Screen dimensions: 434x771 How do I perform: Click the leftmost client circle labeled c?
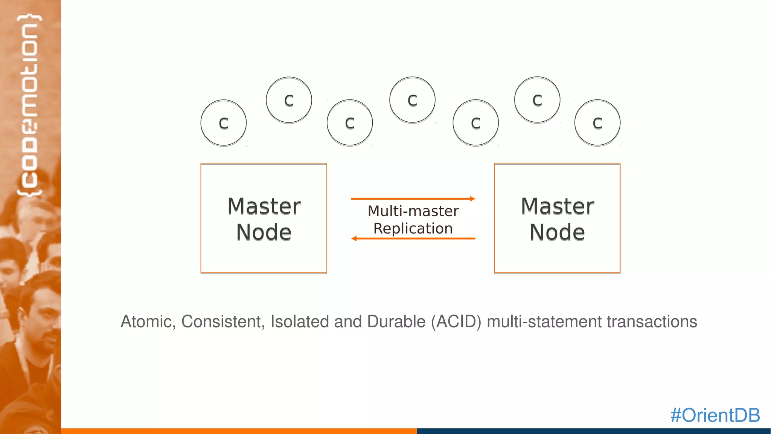click(x=224, y=123)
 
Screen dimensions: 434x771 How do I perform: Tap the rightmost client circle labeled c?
click(x=597, y=123)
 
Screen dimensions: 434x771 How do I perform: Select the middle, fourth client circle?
click(x=412, y=100)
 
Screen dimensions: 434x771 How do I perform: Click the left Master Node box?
click(x=264, y=218)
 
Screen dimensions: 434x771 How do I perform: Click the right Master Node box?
click(x=557, y=218)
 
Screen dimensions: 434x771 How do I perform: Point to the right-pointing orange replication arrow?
click(x=413, y=199)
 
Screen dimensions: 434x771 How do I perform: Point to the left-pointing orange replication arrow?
click(x=413, y=238)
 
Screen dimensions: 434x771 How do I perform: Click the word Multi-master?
click(x=413, y=211)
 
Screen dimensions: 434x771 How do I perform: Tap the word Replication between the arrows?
click(x=413, y=229)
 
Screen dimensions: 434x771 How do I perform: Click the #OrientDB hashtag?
click(x=715, y=415)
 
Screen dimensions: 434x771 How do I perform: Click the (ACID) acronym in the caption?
click(x=456, y=322)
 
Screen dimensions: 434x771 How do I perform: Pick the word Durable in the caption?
click(x=396, y=322)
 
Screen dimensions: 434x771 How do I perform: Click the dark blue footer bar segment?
click(x=594, y=431)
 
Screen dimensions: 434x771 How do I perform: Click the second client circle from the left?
click(x=289, y=100)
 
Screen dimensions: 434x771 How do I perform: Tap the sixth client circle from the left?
click(x=537, y=100)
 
